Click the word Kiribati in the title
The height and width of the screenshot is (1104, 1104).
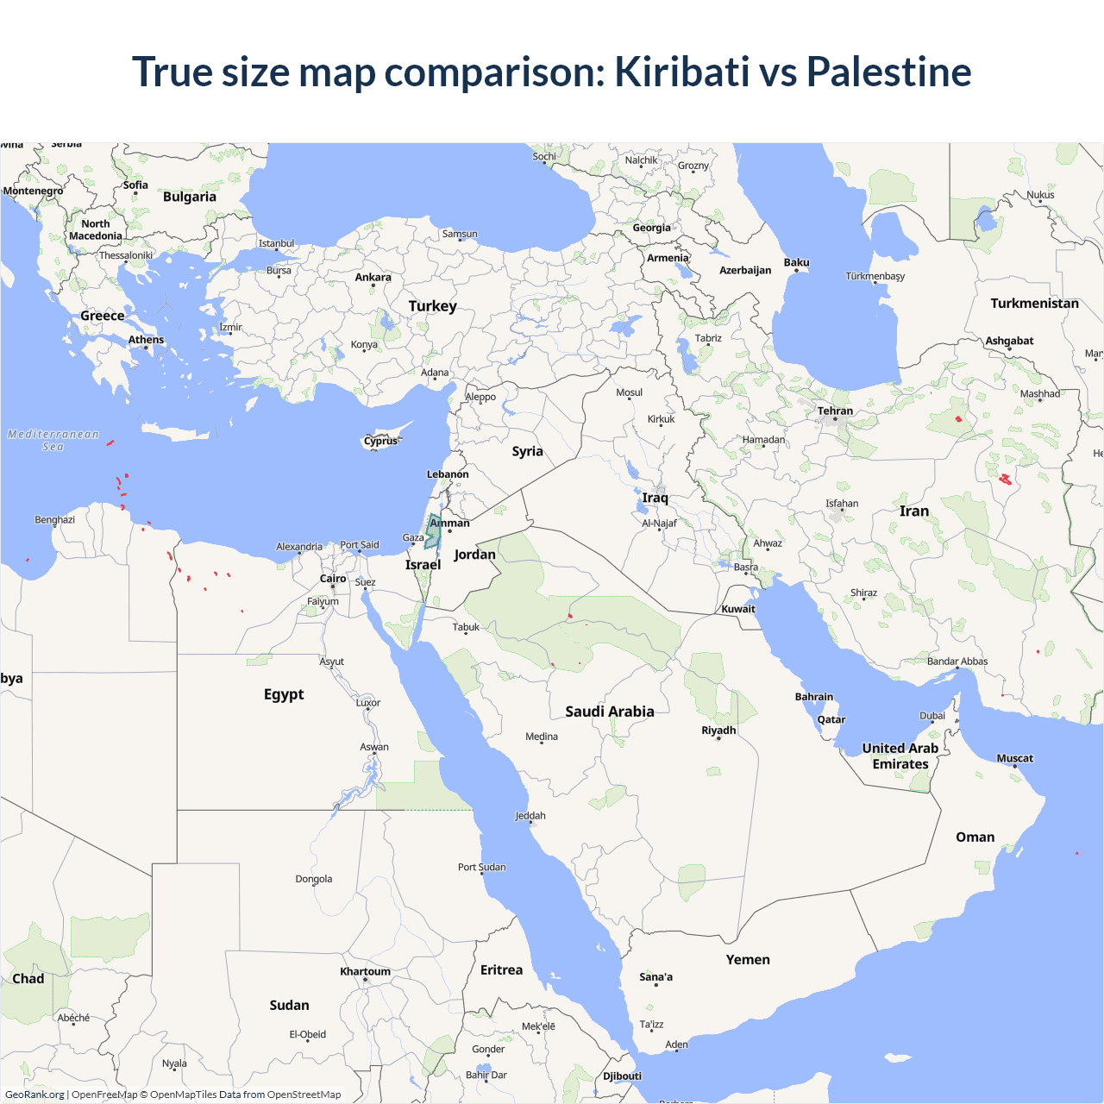point(681,72)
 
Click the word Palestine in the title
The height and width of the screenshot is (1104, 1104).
point(888,72)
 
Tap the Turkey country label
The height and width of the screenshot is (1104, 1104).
point(432,306)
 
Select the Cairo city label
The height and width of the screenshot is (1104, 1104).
point(333,579)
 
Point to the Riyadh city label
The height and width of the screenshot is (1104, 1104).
point(718,731)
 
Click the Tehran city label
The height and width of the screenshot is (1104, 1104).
point(835,411)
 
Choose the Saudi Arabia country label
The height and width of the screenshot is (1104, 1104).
point(609,712)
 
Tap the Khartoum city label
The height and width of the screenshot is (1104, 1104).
point(365,971)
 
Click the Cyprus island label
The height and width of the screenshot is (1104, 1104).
point(380,441)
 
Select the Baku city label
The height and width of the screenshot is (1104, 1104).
point(796,262)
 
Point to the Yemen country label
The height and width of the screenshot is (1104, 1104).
point(748,959)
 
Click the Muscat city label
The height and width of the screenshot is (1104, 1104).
point(1014,758)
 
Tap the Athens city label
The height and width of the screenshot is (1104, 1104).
point(146,340)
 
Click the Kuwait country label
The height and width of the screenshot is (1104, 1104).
point(738,609)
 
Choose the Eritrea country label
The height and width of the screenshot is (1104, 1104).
point(501,970)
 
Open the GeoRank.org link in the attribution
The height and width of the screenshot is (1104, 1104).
point(34,1095)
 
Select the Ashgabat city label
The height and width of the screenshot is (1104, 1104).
point(1009,341)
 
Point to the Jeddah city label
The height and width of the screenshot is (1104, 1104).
point(530,816)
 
